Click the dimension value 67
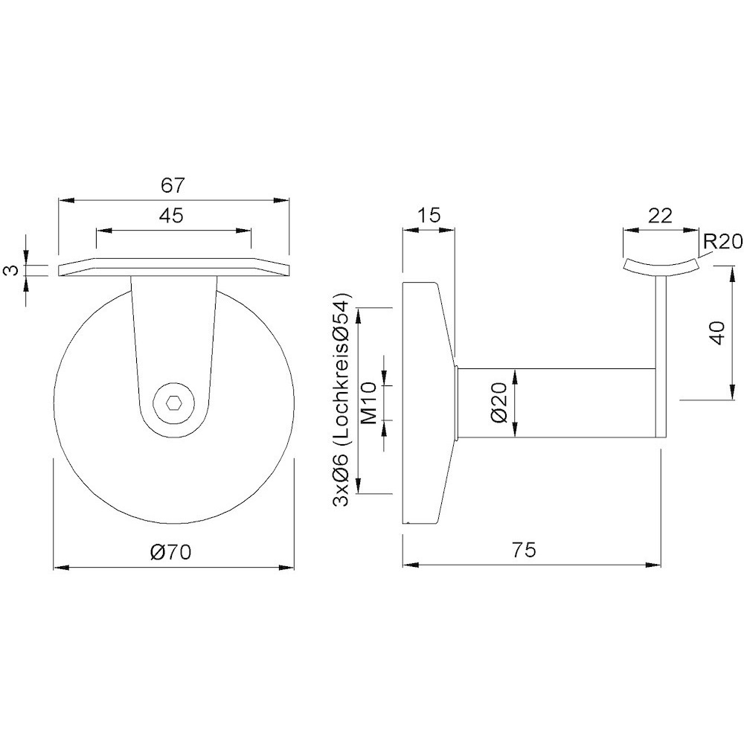[172, 185]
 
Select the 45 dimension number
[171, 216]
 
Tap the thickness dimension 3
[13, 271]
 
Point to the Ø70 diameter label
[170, 552]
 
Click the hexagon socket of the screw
[173, 404]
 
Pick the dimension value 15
[429, 215]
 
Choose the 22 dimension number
[661, 216]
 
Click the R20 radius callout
[722, 242]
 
